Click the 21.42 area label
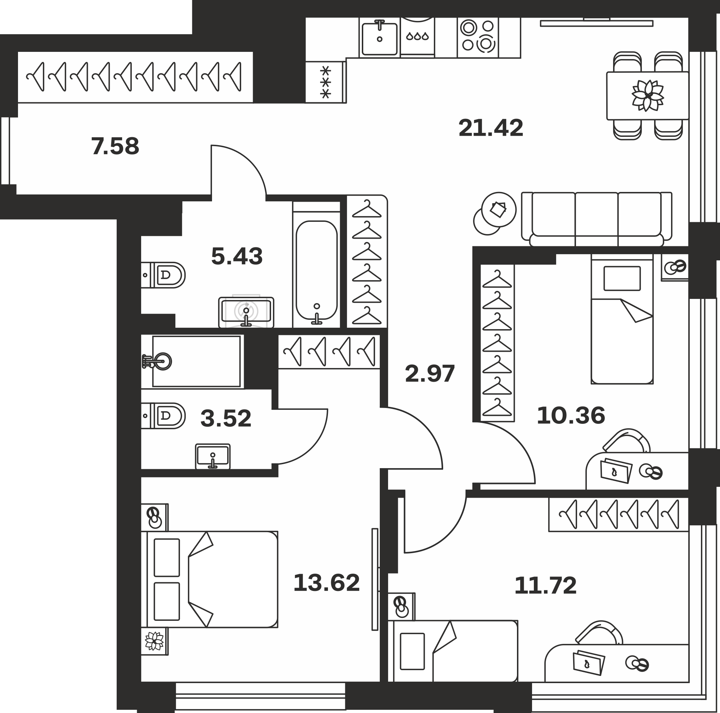tap(491, 128)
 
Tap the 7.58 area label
tap(115, 146)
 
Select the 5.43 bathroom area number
tap(237, 256)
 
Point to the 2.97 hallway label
tap(430, 373)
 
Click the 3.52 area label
tap(226, 418)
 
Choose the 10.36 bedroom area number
tap(571, 415)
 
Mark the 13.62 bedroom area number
tap(327, 583)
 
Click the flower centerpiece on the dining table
tap(648, 96)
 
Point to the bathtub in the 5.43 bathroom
tap(316, 270)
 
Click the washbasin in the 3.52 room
tap(213, 456)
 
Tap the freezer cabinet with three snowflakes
tap(326, 82)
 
